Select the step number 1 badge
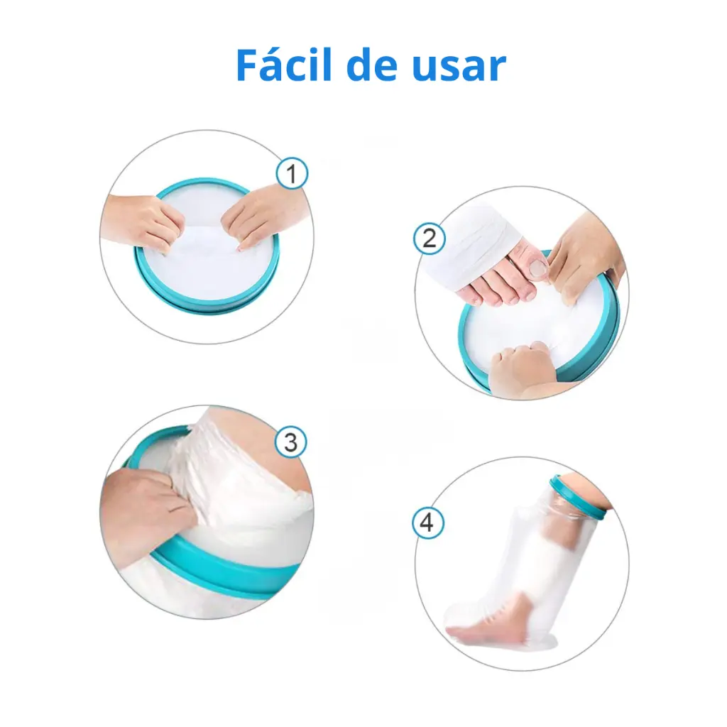coord(291,173)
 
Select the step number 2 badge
coord(429,239)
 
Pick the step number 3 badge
coord(290,442)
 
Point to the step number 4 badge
coord(427,523)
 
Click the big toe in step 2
coord(534,268)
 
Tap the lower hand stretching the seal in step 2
coord(522,369)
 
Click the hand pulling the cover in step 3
coord(146,501)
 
